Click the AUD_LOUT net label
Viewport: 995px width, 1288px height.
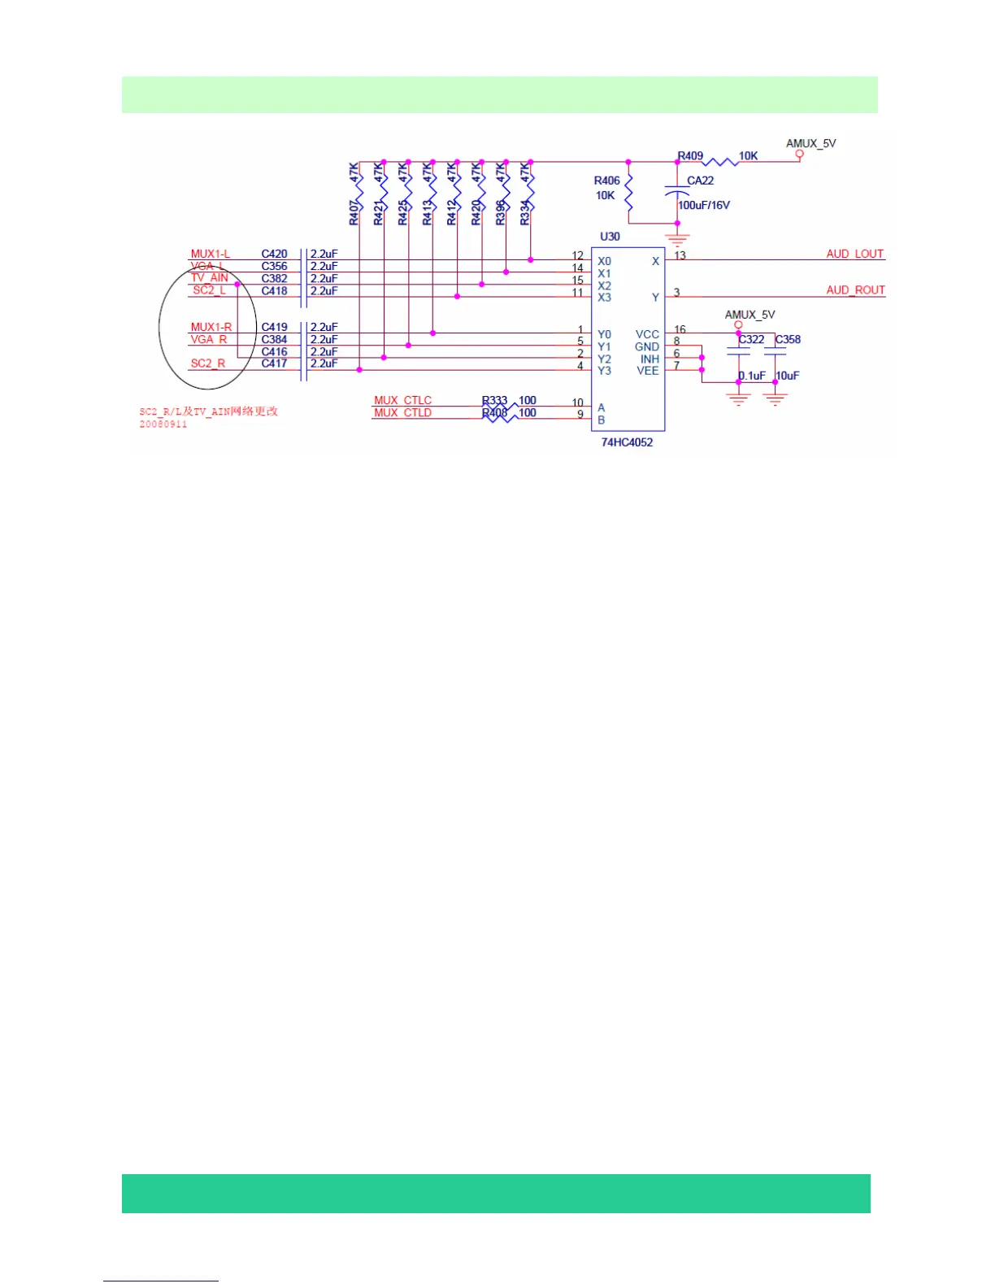[x=854, y=254]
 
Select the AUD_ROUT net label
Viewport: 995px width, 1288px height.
[x=855, y=289]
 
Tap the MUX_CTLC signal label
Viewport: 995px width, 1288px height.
[x=402, y=400]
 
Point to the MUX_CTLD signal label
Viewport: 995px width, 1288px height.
[x=402, y=412]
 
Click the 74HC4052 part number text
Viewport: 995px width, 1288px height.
[x=627, y=442]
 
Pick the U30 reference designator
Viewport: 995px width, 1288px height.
[x=610, y=237]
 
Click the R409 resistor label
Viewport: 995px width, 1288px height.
[x=690, y=155]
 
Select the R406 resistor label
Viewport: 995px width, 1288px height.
[x=606, y=181]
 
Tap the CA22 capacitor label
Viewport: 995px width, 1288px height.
[x=700, y=181]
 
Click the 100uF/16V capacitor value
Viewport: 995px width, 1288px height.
[x=704, y=205]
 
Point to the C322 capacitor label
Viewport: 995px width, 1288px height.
[x=751, y=339]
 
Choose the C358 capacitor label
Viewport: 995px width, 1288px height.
[x=788, y=339]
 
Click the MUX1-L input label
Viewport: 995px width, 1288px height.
[x=210, y=254]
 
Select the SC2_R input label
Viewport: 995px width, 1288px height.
[x=208, y=363]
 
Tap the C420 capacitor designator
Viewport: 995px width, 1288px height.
[x=274, y=254]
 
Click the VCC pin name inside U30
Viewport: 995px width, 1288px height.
[x=647, y=334]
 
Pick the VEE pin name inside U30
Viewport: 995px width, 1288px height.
[x=647, y=371]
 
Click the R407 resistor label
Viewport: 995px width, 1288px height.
[x=354, y=213]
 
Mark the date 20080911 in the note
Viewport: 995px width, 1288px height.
[x=163, y=424]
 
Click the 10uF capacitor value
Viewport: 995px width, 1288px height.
[x=788, y=376]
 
